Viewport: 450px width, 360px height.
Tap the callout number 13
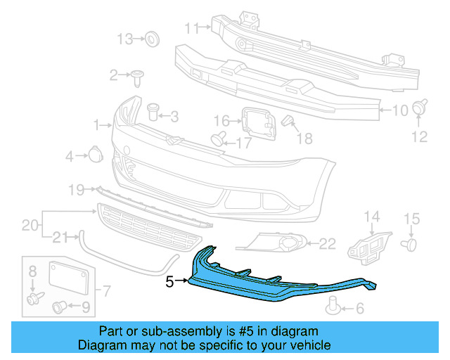[x=124, y=39]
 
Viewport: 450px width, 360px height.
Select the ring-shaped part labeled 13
[x=151, y=39]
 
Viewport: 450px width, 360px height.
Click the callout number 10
[x=399, y=110]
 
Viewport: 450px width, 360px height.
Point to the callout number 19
[x=76, y=188]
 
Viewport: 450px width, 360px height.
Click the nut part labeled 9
[x=60, y=306]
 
